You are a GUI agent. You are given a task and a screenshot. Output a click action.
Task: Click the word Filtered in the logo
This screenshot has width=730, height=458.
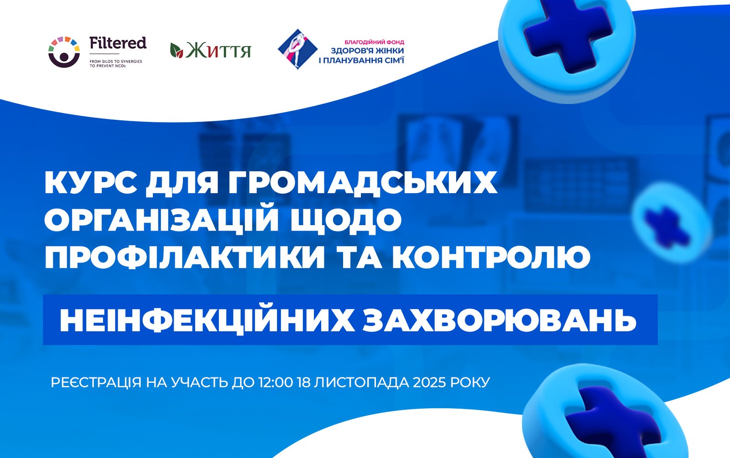coord(118,43)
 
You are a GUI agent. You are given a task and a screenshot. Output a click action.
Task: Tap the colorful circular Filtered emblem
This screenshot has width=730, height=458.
coord(64,52)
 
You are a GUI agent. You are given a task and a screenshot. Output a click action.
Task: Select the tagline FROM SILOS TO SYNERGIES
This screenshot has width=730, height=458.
coord(116,62)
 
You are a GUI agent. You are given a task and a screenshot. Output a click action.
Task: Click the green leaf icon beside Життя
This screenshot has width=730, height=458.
coord(177,50)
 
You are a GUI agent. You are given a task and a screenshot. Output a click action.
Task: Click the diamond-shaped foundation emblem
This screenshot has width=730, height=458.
coord(297,49)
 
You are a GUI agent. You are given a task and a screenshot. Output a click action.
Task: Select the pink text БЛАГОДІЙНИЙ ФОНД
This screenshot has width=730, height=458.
coord(374,42)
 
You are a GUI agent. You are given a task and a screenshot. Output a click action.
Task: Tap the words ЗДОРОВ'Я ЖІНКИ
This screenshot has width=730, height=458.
coord(367,51)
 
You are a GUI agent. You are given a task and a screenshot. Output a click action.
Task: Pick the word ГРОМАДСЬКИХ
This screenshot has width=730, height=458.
coord(363,184)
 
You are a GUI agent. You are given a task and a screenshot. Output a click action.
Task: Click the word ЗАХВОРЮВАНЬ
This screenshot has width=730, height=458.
coord(500,320)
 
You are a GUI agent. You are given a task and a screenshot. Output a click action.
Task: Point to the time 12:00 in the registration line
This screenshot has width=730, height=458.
coord(276,382)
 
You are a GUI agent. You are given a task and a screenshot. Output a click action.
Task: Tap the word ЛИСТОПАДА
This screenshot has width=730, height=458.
coord(361,383)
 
